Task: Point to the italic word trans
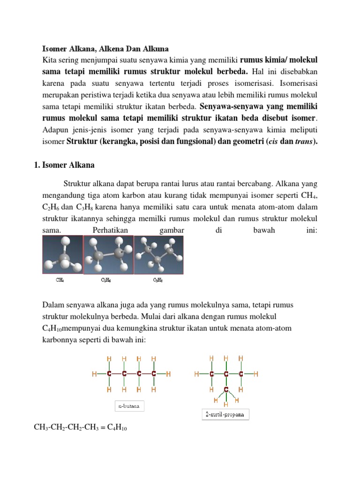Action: pos(303,142)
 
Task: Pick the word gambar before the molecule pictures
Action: pos(172,231)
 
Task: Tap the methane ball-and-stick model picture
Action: pos(62,255)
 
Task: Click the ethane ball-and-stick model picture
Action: pos(108,255)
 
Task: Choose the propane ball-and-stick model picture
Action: pos(158,255)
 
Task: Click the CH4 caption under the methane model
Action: pos(60,280)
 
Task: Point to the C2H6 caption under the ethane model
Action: pos(106,280)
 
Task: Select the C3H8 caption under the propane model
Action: pos(158,280)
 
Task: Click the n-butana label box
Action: pos(130,406)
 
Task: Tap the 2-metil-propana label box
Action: pos(222,414)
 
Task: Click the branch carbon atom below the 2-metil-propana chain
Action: pos(226,389)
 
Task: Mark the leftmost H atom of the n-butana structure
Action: pos(95,374)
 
